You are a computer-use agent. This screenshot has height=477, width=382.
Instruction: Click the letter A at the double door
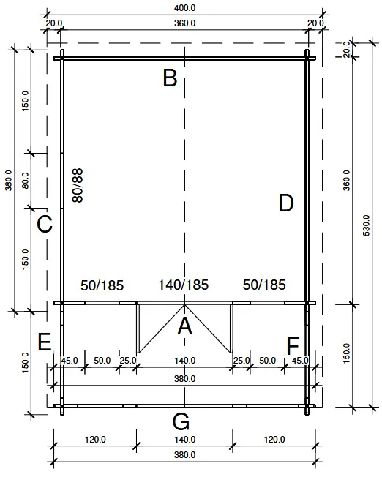point(185,326)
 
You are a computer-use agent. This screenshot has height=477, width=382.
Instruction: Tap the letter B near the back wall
point(170,78)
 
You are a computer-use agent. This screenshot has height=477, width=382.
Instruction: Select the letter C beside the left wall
point(45,224)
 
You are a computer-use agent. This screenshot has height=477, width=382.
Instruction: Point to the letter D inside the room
point(286,203)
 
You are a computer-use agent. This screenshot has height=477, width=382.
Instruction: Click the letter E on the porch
point(45,342)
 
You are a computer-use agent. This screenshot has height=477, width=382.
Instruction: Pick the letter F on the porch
point(293,345)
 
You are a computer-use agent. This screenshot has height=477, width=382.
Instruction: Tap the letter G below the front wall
point(181,421)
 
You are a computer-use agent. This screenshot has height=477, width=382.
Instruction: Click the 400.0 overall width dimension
point(184,7)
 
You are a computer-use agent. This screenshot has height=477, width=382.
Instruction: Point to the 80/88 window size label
point(77,185)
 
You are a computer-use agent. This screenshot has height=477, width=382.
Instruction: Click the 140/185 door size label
point(184,285)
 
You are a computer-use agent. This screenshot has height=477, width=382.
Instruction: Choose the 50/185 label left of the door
point(102,285)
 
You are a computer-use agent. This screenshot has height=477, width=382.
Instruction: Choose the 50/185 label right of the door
point(263,285)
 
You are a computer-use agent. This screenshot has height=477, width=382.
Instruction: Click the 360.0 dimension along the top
point(184,23)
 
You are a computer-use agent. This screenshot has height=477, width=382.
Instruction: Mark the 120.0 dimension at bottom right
point(274,440)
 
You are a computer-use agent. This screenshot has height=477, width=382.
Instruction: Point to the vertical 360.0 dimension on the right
point(346,180)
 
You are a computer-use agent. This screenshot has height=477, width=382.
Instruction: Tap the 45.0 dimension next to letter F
point(300,361)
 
